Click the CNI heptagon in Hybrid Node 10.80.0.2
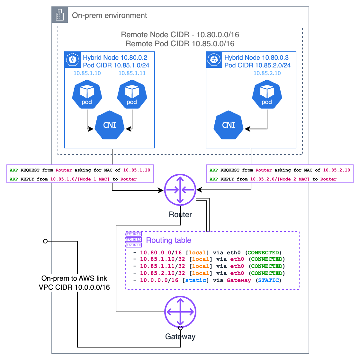coord(110,125)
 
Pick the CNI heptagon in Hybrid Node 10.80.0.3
coord(229,125)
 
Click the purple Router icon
coord(180,190)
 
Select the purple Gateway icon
coord(180,312)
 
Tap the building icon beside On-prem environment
coord(60,15)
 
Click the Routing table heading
coord(168,240)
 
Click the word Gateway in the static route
coord(239,280)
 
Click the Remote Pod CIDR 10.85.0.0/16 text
coord(180,44)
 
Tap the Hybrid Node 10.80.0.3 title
coord(256,57)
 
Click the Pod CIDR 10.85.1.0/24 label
coord(116,65)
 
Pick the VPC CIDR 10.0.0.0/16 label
coord(74,287)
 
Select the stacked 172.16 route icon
coord(133,240)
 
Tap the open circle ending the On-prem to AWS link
coord(45,241)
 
